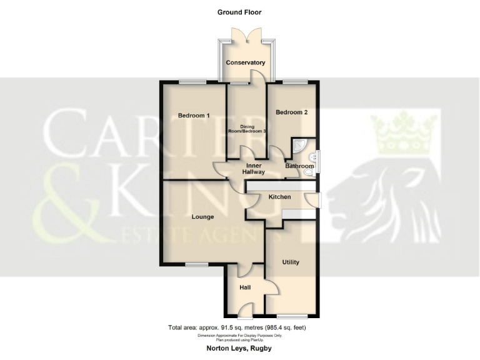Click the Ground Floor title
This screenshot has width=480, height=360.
[239, 12]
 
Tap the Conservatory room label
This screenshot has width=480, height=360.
[246, 62]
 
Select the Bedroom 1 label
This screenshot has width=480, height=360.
[194, 116]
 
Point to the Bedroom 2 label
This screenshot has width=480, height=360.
[292, 112]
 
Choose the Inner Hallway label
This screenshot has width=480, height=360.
[255, 169]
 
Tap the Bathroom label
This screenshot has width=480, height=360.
[299, 166]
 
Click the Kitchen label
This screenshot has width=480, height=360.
[279, 197]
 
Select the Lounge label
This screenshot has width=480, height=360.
[202, 217]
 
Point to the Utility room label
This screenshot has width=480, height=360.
[291, 262]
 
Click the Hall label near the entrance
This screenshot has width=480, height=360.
[245, 287]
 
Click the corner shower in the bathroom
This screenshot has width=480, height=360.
[299, 146]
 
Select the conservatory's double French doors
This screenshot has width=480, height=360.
[246, 36]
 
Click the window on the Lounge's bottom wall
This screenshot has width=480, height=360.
[197, 265]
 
